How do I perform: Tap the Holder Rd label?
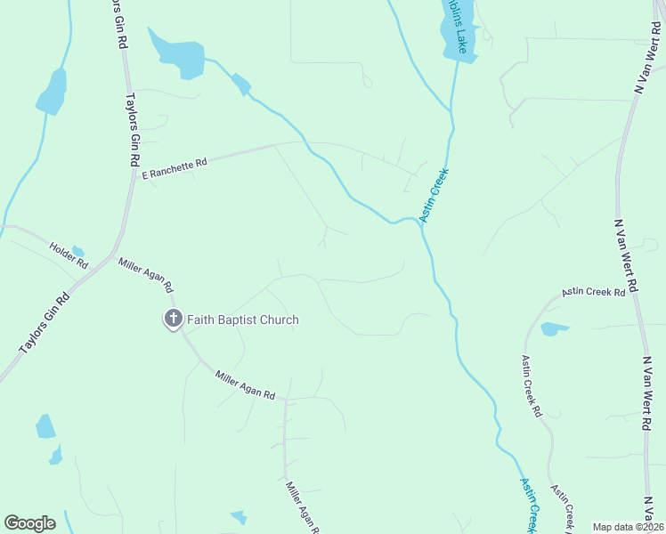(x=69, y=256)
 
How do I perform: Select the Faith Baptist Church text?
(x=242, y=320)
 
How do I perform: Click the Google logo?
(x=29, y=523)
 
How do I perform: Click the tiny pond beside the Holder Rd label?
(x=77, y=251)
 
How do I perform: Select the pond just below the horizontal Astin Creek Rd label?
(x=553, y=329)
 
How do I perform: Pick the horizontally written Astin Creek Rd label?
(x=593, y=292)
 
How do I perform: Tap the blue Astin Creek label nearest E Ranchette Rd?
(x=434, y=196)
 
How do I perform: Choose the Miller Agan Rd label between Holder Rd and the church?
(x=146, y=274)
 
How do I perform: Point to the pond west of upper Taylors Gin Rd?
(x=51, y=92)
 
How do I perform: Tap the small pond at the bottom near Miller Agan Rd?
(x=238, y=517)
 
